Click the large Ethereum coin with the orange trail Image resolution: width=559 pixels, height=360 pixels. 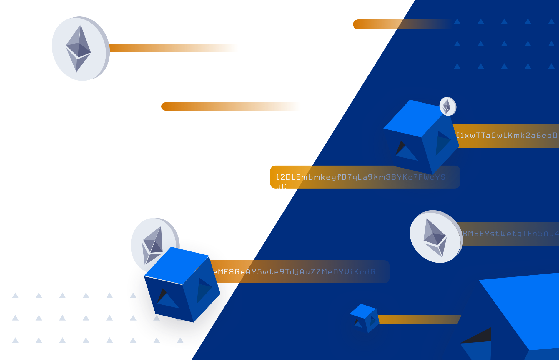pyautogui.click(x=80, y=49)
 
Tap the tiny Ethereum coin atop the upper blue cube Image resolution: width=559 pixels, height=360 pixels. pyautogui.click(x=447, y=106)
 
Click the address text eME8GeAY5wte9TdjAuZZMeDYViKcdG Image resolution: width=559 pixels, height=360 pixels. pyautogui.click(x=294, y=272)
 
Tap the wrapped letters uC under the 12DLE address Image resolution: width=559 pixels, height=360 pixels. pyautogui.click(x=281, y=186)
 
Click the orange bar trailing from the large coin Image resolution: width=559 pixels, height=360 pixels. pyautogui.click(x=174, y=48)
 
